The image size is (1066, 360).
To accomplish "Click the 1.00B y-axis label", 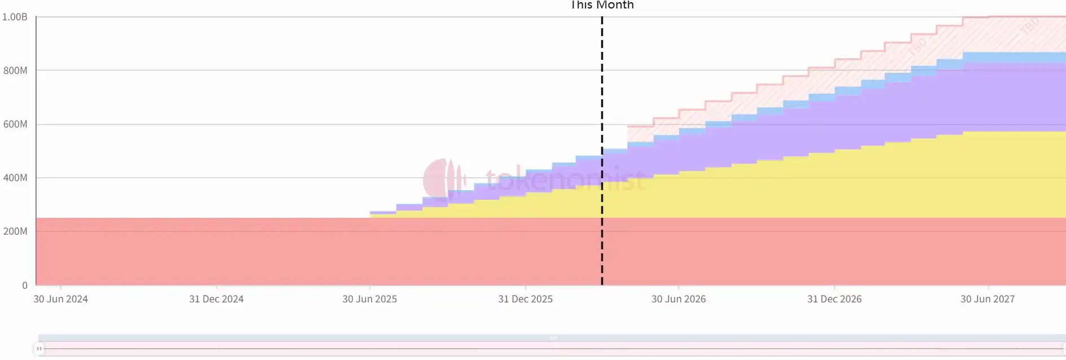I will [15, 17].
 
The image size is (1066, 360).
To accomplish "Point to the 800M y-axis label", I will [15, 71].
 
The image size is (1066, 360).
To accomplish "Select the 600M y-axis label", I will [15, 124].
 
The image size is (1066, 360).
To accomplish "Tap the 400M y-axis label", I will [15, 178].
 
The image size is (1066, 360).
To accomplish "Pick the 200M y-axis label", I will [15, 231].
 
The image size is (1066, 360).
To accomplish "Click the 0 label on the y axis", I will [24, 286].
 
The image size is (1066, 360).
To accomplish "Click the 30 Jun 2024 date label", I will [60, 299].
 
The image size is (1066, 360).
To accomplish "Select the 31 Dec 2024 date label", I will [216, 299].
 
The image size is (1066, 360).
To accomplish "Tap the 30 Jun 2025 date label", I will [369, 299].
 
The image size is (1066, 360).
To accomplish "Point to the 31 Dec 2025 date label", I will [525, 299].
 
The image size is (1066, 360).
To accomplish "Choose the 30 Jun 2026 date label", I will [679, 299].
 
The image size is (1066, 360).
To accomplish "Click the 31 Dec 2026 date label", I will [834, 299].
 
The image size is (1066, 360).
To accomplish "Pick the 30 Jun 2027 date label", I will [988, 299].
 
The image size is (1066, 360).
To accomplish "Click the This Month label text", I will [602, 5].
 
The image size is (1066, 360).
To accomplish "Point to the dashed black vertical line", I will [602, 113].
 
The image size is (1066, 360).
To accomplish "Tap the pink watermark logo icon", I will [443, 179].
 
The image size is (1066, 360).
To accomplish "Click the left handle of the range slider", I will [39, 349].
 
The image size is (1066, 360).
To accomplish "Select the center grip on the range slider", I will [553, 337].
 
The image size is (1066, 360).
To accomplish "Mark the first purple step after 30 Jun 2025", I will [382, 212].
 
